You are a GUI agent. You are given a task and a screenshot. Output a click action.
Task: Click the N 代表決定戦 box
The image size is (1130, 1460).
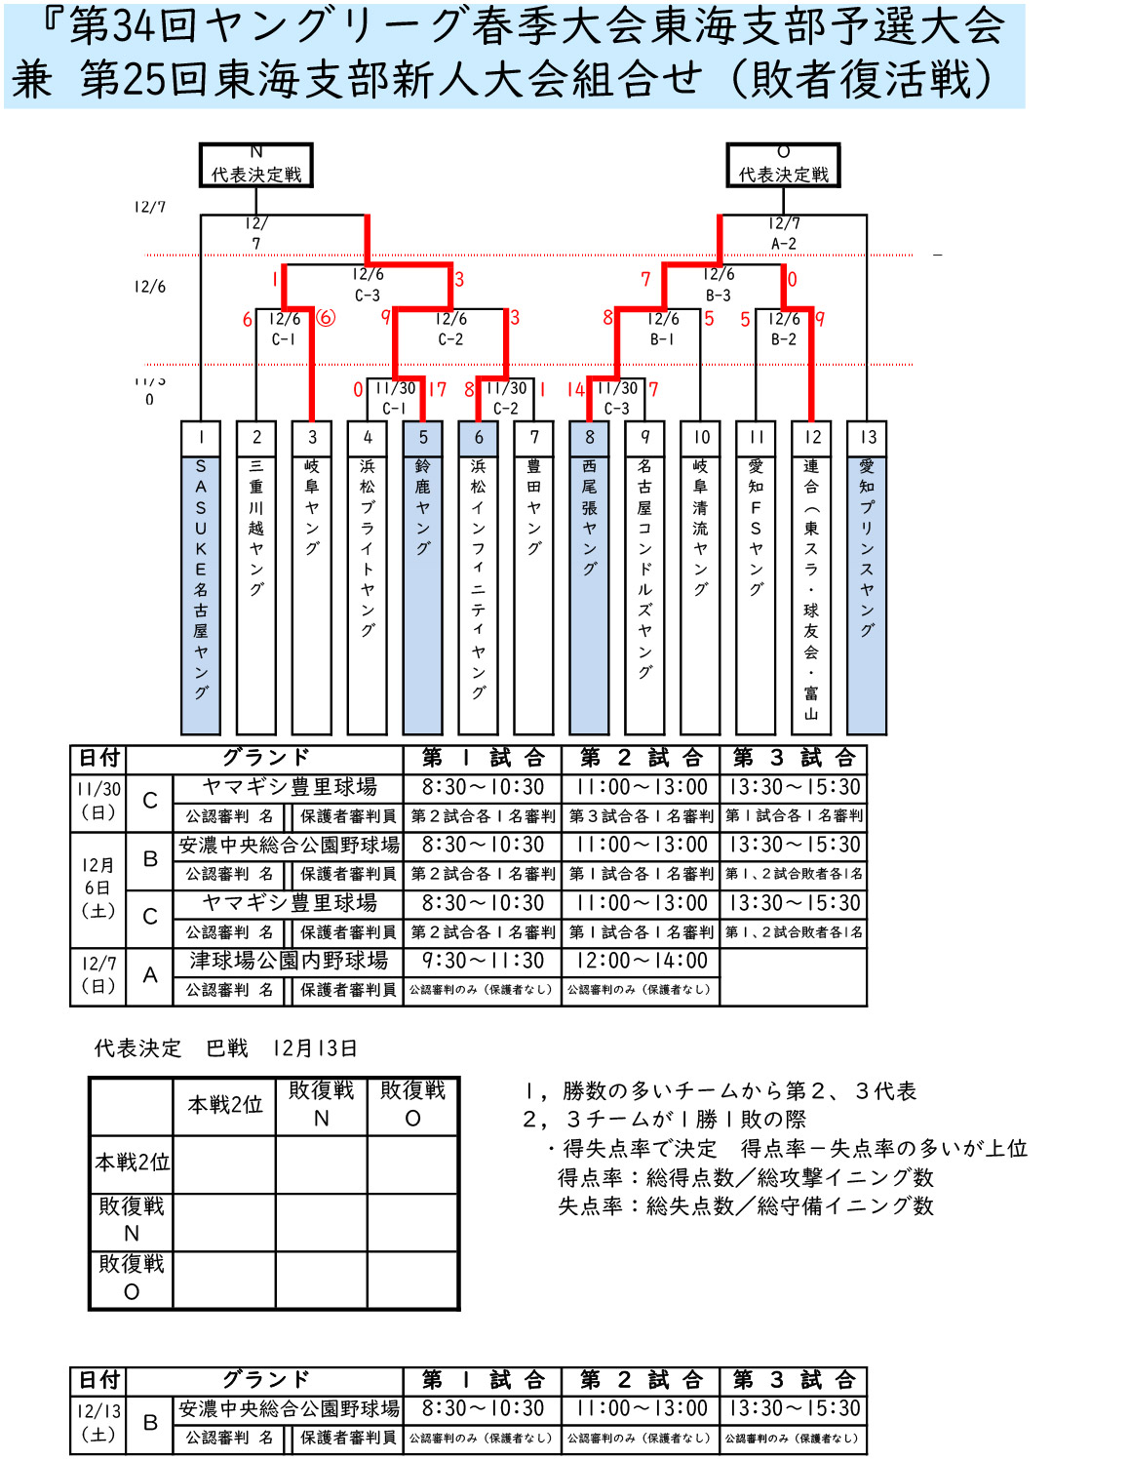[255, 165]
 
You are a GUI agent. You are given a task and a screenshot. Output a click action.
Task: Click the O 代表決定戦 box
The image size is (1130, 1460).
[783, 165]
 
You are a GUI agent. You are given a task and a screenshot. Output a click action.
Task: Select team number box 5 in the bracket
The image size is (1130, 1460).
[422, 438]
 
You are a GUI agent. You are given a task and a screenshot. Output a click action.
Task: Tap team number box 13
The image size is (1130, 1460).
[867, 438]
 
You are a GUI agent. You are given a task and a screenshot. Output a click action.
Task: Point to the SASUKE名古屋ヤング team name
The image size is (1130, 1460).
[201, 580]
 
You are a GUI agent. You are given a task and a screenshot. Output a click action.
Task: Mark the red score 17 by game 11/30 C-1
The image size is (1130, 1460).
[437, 390]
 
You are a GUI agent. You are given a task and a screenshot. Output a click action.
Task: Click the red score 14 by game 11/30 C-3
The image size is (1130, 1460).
[575, 390]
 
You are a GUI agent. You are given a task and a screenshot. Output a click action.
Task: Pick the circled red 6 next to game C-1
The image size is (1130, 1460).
[326, 318]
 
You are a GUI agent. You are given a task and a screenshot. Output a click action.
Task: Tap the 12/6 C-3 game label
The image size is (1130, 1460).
[368, 285]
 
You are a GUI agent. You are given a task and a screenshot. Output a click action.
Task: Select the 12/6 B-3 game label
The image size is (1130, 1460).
[719, 285]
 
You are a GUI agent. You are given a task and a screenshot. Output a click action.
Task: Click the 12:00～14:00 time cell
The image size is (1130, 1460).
[641, 961]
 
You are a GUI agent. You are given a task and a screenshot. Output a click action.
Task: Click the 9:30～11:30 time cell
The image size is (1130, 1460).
[482, 961]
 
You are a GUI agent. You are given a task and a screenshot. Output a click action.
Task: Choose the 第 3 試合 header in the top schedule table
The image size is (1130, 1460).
[794, 758]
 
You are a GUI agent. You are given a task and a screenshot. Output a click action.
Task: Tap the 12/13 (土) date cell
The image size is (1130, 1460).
[98, 1422]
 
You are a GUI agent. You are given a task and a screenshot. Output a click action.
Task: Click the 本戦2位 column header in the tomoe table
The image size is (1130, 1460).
[225, 1105]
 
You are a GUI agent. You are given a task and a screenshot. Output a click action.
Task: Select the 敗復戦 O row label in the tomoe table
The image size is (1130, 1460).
[132, 1278]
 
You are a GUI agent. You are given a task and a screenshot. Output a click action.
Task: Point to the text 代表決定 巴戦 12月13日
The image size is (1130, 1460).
[225, 1048]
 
